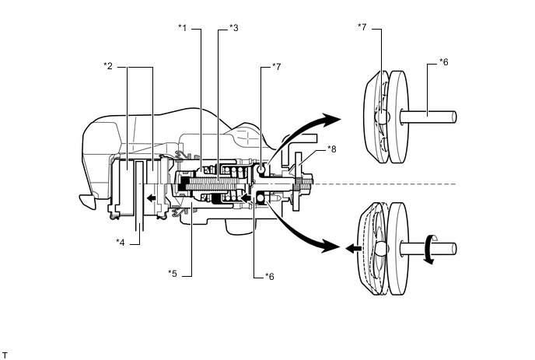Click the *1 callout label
click(183, 28)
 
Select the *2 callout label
click(108, 66)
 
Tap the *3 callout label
click(234, 28)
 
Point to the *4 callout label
click(121, 243)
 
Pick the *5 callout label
click(173, 274)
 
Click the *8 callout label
click(331, 149)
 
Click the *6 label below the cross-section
click(270, 276)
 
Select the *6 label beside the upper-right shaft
click(443, 62)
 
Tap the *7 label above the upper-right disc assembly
click(362, 26)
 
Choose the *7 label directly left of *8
click(276, 67)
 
